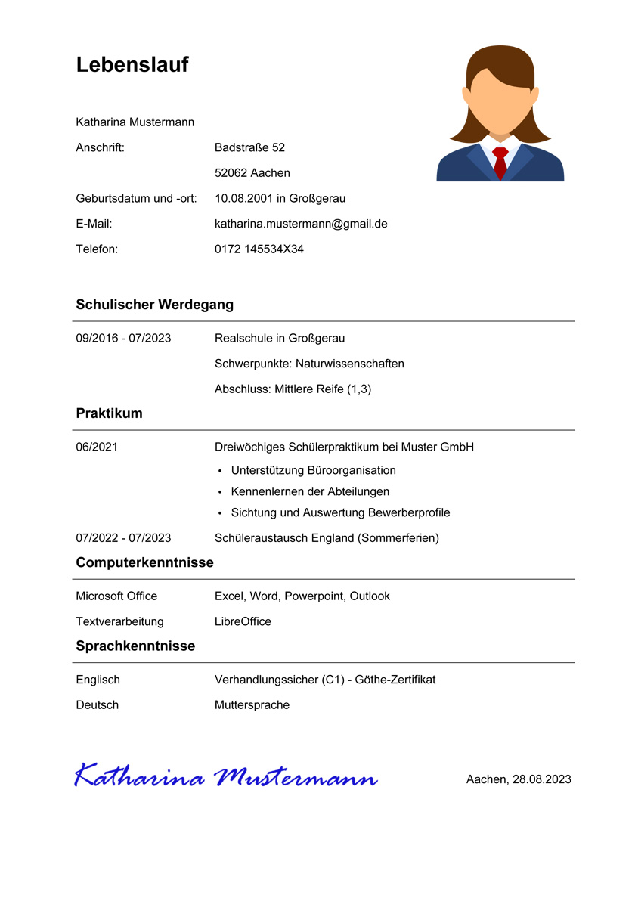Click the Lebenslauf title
132,65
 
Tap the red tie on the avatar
500,162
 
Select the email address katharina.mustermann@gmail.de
301,224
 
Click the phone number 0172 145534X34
259,249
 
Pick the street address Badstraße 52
249,147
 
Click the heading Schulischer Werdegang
155,305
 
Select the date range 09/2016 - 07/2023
123,338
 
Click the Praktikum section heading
110,413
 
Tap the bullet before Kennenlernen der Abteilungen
220,492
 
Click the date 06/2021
97,447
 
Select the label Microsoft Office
116,596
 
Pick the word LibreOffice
243,621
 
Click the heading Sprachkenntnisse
135,646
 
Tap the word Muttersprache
252,704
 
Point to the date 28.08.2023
541,779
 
